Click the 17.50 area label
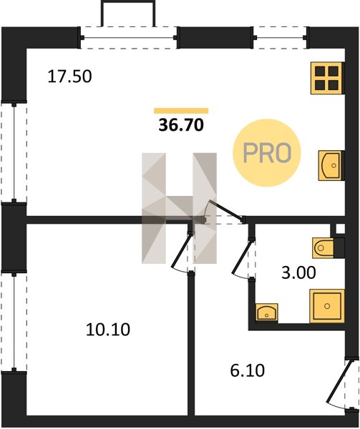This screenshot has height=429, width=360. click(x=69, y=77)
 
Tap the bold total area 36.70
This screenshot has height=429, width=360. click(x=181, y=125)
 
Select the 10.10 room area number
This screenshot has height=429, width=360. click(x=108, y=330)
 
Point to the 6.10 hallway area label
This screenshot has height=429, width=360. click(x=248, y=370)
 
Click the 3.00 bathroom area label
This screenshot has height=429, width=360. click(x=298, y=273)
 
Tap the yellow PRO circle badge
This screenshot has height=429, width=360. click(x=267, y=153)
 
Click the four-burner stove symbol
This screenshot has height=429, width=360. click(x=326, y=78)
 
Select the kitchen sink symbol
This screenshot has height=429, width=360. click(x=330, y=166)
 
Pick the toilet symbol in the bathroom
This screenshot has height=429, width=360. click(x=323, y=248)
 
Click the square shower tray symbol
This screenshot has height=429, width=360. click(x=327, y=306)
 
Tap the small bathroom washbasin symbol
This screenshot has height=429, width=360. click(x=267, y=312)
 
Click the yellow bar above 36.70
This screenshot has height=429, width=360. click(x=181, y=111)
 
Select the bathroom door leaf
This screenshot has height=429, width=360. click(x=242, y=257)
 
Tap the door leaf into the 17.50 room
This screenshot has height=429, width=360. click(x=226, y=209)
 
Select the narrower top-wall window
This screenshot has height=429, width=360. click(x=280, y=38)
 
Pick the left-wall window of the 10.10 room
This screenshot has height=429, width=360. click(x=14, y=322)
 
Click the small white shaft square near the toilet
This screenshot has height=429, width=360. click(x=340, y=229)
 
